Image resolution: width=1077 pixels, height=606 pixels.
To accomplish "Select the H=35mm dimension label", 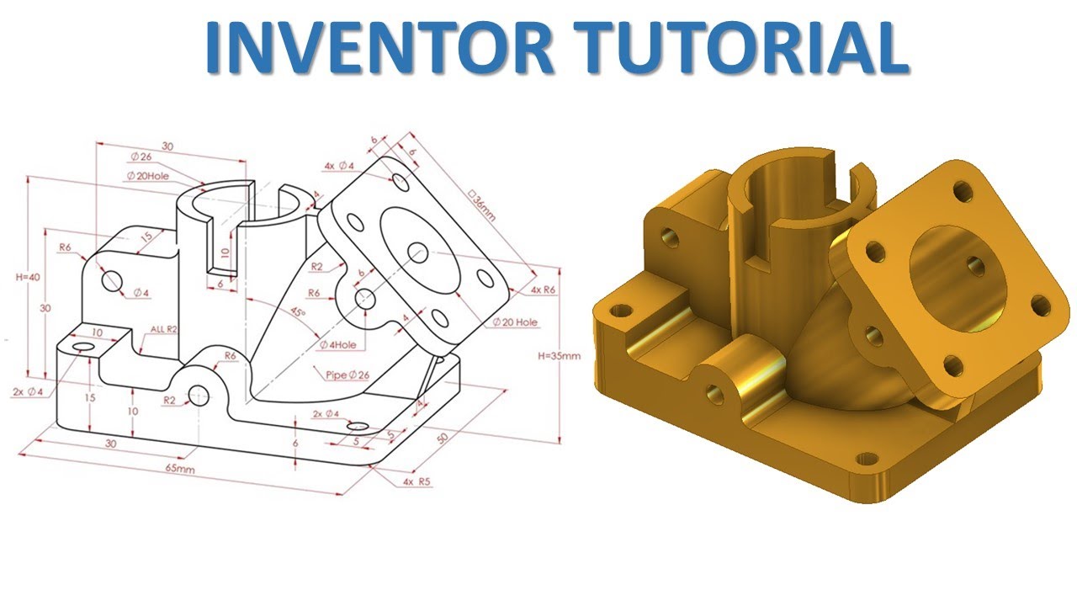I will click(x=559, y=355).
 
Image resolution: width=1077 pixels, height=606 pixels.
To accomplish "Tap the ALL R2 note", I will click(x=164, y=329).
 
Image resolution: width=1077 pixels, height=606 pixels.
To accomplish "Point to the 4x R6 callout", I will click(x=543, y=290).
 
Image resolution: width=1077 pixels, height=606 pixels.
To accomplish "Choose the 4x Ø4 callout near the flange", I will click(x=340, y=166).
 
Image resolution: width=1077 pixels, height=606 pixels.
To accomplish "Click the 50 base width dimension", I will click(x=443, y=438).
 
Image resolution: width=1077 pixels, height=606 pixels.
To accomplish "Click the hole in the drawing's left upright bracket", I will click(x=112, y=279).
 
